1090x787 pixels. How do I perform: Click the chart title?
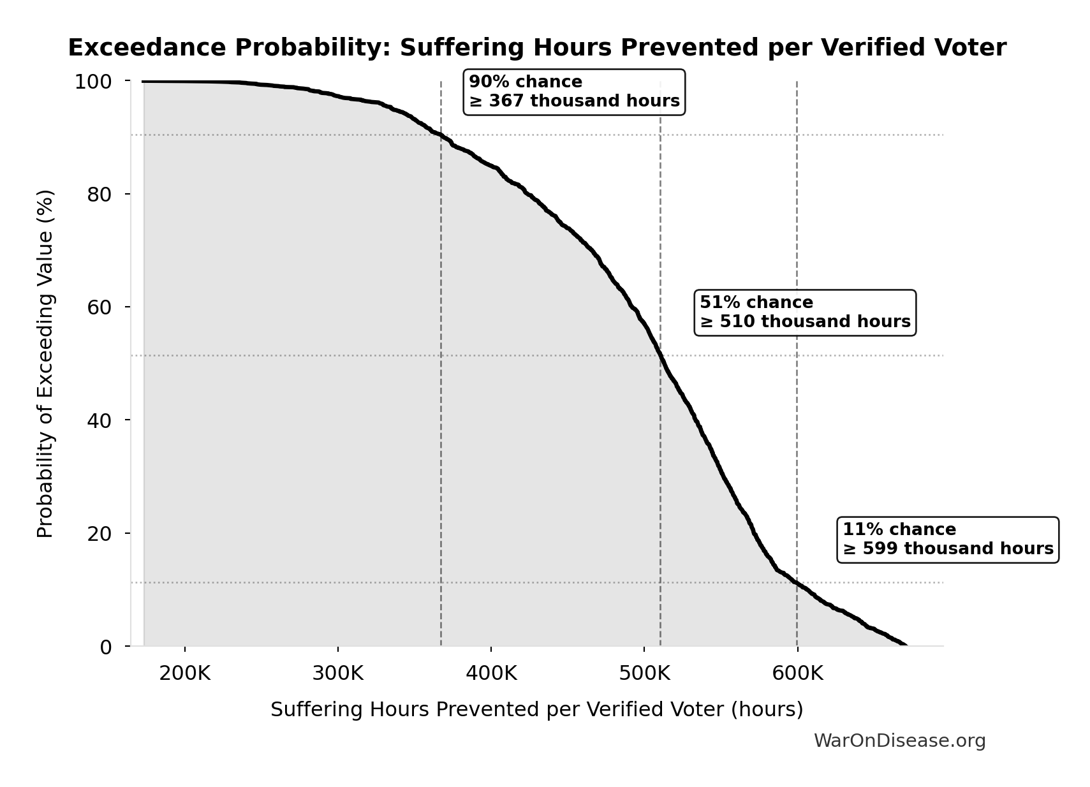click(x=537, y=48)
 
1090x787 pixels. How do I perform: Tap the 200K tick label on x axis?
click(x=184, y=673)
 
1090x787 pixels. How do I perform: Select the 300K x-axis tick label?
click(x=337, y=673)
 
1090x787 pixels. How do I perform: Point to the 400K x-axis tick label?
click(x=490, y=673)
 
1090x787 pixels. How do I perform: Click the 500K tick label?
click(x=644, y=673)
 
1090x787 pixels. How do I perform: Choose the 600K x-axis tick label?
click(x=797, y=673)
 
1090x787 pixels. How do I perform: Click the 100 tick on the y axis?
click(x=93, y=82)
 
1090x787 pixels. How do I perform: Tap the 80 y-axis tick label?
click(x=99, y=195)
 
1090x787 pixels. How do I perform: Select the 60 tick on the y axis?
click(x=99, y=307)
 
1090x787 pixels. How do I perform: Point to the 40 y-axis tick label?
click(x=99, y=420)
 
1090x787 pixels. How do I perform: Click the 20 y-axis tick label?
click(x=99, y=533)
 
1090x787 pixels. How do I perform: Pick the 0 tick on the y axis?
click(x=105, y=647)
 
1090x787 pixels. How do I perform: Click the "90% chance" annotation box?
click(x=574, y=92)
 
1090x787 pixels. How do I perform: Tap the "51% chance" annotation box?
click(x=805, y=313)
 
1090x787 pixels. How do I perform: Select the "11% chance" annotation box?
click(x=948, y=540)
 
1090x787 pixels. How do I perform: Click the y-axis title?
click(x=45, y=364)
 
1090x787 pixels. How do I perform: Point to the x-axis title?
click(x=536, y=709)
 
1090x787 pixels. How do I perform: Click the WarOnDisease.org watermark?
click(x=899, y=740)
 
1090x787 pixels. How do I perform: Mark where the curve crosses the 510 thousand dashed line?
click(x=660, y=355)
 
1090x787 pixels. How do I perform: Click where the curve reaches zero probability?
click(x=905, y=645)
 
